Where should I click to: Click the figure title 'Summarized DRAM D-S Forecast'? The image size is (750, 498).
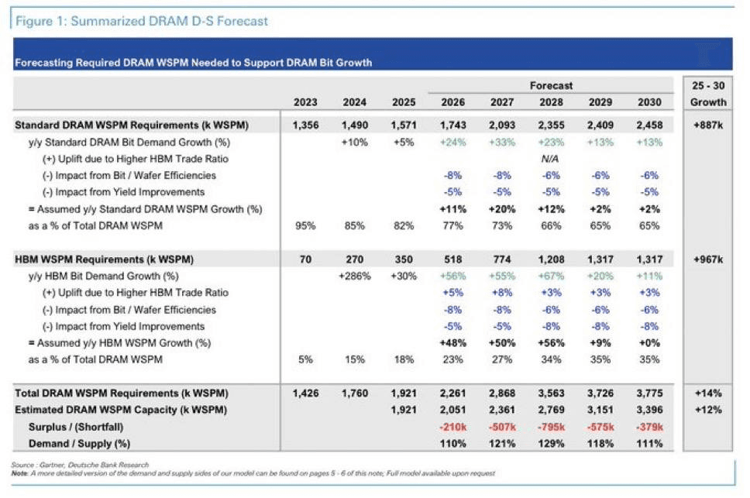point(169,21)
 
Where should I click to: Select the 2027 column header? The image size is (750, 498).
point(502,102)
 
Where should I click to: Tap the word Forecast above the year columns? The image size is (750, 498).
point(551,85)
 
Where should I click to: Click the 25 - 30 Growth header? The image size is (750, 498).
point(708,94)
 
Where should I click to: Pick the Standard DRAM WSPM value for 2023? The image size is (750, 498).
point(305,125)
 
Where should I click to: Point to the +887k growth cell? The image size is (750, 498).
point(708,125)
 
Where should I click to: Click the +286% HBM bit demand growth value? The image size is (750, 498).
point(354,276)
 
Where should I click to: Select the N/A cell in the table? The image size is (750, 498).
point(550,159)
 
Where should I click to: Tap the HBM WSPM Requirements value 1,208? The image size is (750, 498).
point(551,259)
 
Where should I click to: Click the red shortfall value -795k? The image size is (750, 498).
point(551,427)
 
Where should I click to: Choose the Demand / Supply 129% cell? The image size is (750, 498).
point(551,444)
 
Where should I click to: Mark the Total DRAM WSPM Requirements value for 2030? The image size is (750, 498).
point(649,393)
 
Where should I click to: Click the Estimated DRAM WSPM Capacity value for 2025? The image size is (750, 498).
point(404,410)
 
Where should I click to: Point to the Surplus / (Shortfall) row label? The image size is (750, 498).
point(76,427)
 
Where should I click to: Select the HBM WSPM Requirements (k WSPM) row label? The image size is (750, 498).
point(105,259)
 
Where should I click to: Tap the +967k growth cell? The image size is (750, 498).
point(708,259)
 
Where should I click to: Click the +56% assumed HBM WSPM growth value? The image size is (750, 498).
point(551,343)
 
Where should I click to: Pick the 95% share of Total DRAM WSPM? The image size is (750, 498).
point(305,225)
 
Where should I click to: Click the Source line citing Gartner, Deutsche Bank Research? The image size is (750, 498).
point(80,465)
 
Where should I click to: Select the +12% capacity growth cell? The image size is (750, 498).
point(708,410)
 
